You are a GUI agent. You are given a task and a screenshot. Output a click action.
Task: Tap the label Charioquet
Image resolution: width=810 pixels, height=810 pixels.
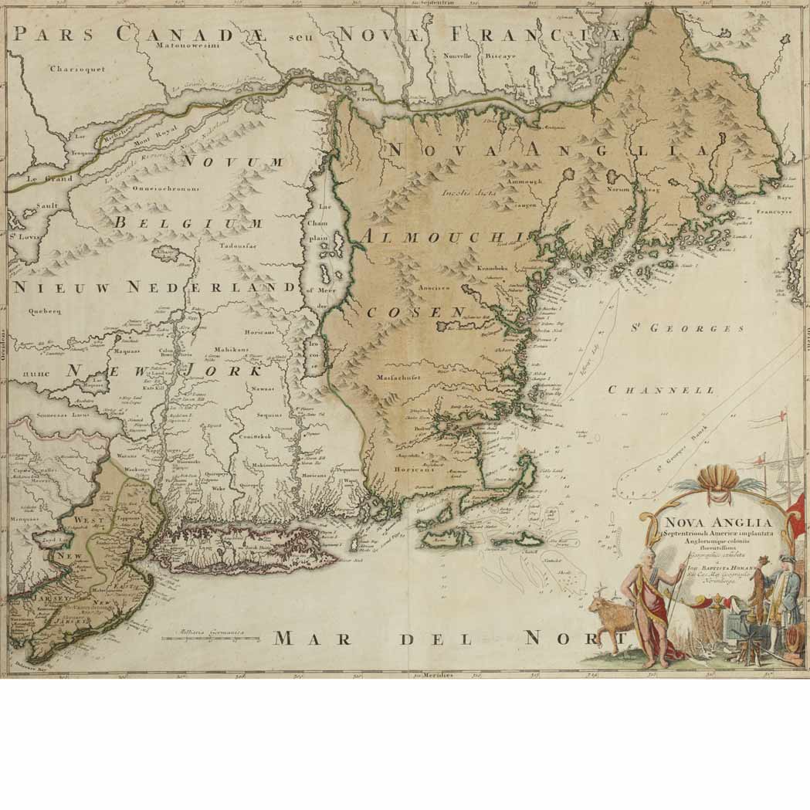(x=77, y=69)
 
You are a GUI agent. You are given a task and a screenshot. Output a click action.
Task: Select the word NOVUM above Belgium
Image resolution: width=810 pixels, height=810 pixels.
(x=233, y=161)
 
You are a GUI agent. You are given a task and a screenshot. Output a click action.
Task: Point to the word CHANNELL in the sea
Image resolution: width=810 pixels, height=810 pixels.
(x=662, y=390)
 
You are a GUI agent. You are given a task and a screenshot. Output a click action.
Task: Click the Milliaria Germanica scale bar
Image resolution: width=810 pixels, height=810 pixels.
(x=208, y=638)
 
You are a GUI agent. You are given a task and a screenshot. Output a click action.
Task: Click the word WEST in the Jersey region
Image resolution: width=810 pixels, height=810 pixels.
(x=91, y=520)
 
